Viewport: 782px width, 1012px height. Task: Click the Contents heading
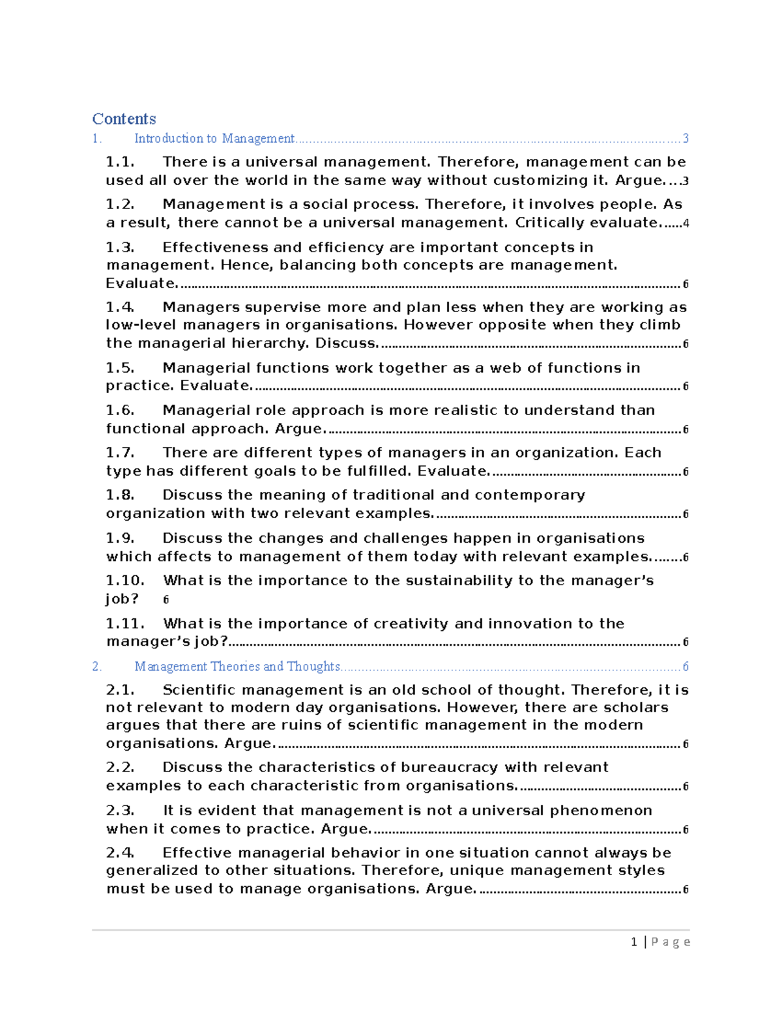coord(124,119)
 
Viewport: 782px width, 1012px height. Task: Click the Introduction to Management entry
coord(214,138)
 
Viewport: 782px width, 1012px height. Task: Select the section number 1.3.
coord(120,248)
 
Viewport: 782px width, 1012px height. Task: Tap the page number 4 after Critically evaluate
coord(686,224)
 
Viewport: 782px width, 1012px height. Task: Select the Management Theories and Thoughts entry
coord(237,666)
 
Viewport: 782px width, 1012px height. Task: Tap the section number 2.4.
coord(120,853)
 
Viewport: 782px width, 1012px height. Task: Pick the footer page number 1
coord(634,942)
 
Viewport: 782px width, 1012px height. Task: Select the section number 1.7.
coord(120,453)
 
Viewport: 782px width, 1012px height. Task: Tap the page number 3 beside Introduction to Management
coord(686,138)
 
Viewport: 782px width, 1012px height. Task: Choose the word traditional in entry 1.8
coord(394,495)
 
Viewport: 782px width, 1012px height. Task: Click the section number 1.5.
coord(120,368)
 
